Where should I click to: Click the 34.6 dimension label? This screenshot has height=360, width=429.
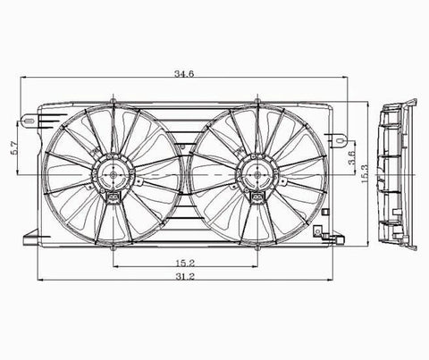[184, 73]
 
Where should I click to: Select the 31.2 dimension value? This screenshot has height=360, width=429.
[185, 277]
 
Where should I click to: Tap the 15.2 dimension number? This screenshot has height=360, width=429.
[185, 263]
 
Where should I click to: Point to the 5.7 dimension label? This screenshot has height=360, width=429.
[14, 148]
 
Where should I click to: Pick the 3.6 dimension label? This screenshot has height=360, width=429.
[352, 157]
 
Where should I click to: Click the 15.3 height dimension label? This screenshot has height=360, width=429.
[365, 173]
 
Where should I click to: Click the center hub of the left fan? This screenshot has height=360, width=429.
[114, 175]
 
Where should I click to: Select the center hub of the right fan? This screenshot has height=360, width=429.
[257, 175]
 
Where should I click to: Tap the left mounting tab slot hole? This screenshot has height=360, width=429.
[29, 121]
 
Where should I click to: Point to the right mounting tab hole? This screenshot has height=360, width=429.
[339, 140]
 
